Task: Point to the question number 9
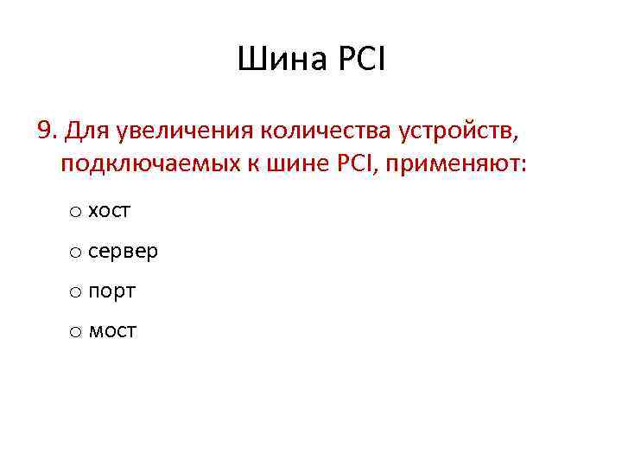[46, 131]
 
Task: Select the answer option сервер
[123, 251]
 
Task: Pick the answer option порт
[111, 291]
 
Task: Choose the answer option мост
[112, 331]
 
